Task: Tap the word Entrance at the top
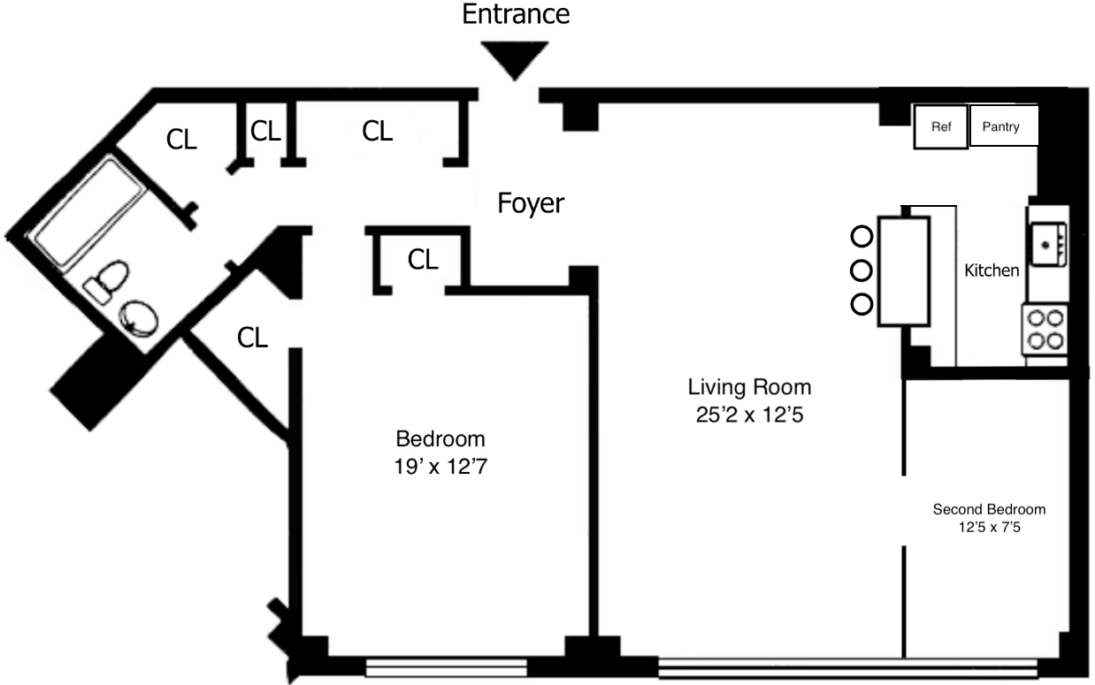click(x=517, y=14)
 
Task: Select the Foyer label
click(x=531, y=203)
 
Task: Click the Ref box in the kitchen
click(x=941, y=126)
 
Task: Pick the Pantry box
click(x=1004, y=126)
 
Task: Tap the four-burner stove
click(x=1045, y=329)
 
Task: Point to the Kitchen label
click(x=991, y=270)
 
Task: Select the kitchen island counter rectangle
click(x=903, y=271)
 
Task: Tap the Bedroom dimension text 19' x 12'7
click(x=440, y=465)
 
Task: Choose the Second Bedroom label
click(x=989, y=509)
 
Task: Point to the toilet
click(x=104, y=281)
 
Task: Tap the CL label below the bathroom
click(x=252, y=337)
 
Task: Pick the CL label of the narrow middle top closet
click(x=265, y=131)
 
